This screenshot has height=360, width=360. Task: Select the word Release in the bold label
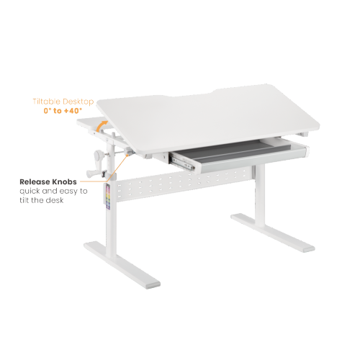[x=34, y=182]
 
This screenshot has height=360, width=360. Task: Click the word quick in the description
[x=32, y=191]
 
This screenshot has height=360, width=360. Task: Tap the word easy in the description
[x=63, y=191]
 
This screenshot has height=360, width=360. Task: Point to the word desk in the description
[x=57, y=200]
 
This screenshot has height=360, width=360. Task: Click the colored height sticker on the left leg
[x=107, y=196]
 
